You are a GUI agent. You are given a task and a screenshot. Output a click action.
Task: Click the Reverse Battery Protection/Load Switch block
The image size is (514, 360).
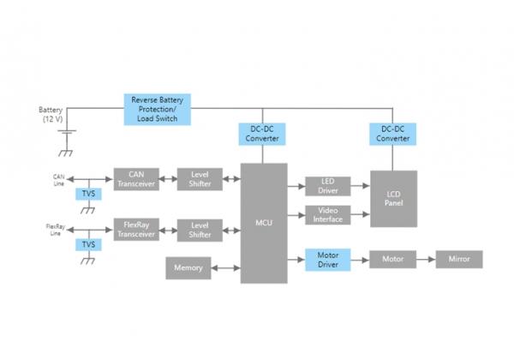pyautogui.click(x=158, y=109)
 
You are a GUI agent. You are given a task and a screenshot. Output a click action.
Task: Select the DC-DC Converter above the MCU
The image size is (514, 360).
pyautogui.click(x=263, y=134)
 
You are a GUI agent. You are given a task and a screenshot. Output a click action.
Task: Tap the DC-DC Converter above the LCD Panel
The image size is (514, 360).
pyautogui.click(x=394, y=134)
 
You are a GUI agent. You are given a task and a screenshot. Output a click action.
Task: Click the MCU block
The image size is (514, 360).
pyautogui.click(x=263, y=223)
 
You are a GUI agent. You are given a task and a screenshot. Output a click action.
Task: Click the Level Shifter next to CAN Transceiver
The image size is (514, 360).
pyautogui.click(x=200, y=179)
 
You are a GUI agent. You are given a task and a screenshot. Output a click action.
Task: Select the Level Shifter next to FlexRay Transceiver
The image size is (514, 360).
pyautogui.click(x=200, y=230)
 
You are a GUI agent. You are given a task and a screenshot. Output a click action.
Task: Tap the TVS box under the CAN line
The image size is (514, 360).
pyautogui.click(x=87, y=194)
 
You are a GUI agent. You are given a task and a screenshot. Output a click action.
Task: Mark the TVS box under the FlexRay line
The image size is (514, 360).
pyautogui.click(x=87, y=244)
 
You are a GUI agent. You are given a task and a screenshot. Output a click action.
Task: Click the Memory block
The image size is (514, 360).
pyautogui.click(x=188, y=268)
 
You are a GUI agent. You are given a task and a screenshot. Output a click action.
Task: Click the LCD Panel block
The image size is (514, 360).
pyautogui.click(x=394, y=199)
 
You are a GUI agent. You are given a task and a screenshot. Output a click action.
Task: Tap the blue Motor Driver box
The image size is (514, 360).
pyautogui.click(x=327, y=259)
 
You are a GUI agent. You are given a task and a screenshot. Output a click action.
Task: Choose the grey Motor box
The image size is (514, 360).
pyautogui.click(x=393, y=259)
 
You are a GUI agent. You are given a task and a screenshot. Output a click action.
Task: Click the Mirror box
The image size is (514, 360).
pyautogui.click(x=459, y=259)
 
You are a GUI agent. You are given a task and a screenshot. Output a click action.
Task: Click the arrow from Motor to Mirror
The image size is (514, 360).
pyautogui.click(x=427, y=259)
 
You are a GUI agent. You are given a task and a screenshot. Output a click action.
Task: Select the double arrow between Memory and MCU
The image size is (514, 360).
pyautogui.click(x=225, y=268)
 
